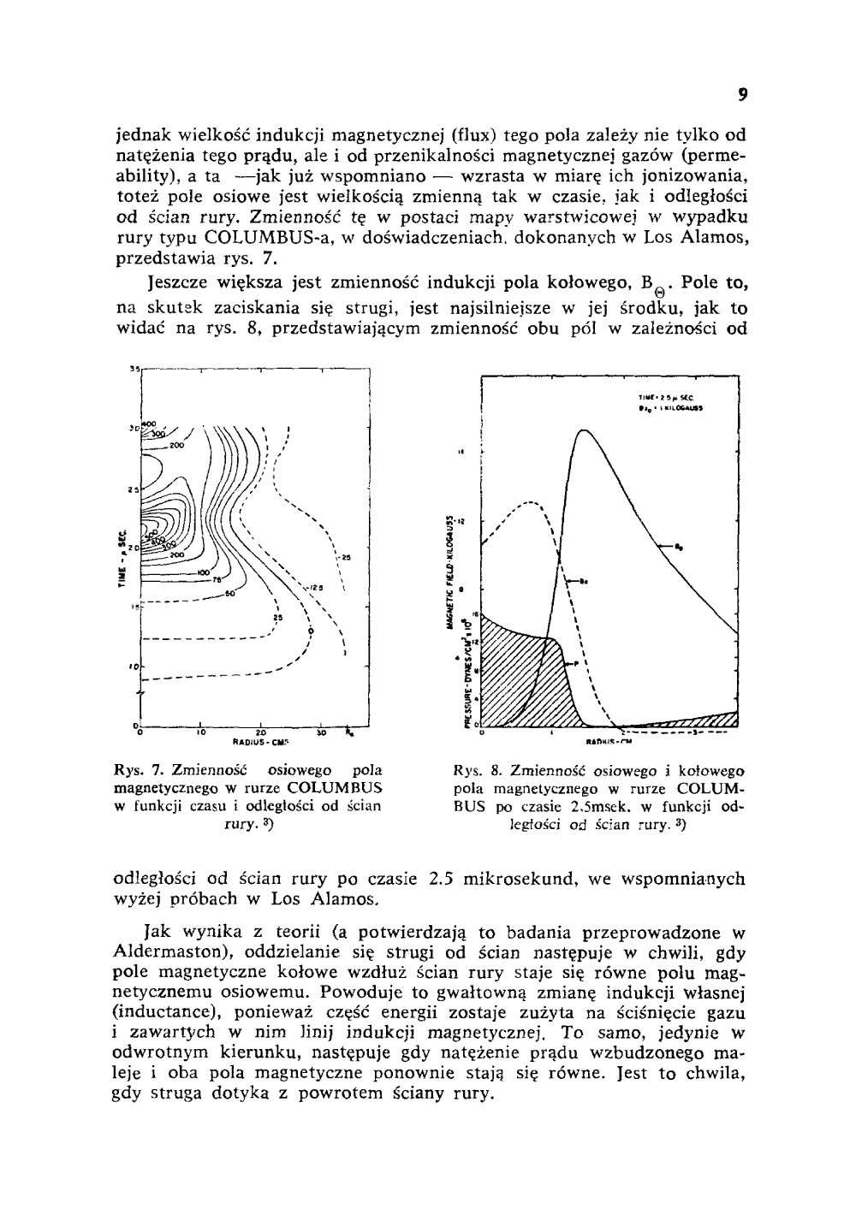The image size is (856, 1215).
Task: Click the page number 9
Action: pos(743,96)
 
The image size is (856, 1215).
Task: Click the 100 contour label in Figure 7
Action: pos(203,571)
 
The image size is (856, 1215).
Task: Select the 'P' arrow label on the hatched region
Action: pos(577,664)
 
